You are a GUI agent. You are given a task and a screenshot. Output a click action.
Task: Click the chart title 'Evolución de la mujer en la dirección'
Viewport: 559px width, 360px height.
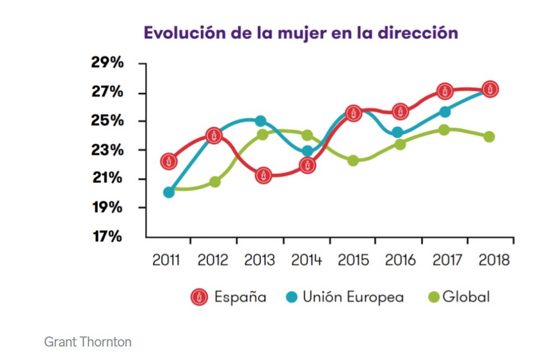click(x=301, y=33)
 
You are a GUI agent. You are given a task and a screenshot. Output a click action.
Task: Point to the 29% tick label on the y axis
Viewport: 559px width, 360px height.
click(x=107, y=62)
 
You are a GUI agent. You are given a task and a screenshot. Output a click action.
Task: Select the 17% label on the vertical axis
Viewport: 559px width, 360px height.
click(x=107, y=236)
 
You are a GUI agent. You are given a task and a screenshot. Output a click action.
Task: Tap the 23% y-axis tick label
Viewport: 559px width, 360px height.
click(x=107, y=150)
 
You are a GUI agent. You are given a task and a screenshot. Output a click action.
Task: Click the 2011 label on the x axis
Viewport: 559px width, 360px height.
click(x=167, y=261)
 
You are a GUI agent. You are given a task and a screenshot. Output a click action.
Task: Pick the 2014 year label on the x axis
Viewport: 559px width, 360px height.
click(x=307, y=261)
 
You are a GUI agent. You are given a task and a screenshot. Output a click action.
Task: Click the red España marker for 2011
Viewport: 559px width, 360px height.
click(x=169, y=161)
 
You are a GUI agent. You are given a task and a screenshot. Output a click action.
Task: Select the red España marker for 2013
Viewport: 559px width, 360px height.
click(x=264, y=175)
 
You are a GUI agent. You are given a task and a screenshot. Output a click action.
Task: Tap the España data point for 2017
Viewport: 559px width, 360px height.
click(x=445, y=91)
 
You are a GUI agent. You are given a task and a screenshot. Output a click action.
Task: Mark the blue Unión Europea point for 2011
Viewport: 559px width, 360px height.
click(x=169, y=192)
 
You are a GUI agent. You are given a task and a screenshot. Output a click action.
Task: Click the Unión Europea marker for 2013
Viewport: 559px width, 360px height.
click(x=260, y=121)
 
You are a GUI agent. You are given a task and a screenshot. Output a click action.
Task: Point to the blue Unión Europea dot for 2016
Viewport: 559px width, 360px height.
click(x=398, y=133)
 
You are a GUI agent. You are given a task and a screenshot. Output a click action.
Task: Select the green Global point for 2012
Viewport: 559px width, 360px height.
click(x=215, y=182)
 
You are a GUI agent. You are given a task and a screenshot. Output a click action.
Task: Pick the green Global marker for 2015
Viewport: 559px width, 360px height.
click(x=353, y=160)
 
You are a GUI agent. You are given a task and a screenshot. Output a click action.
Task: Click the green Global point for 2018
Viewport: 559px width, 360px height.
click(x=489, y=137)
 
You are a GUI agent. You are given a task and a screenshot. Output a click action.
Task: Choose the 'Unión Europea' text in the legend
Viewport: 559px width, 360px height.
click(x=353, y=297)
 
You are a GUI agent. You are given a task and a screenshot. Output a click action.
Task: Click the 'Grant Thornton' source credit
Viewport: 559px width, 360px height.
click(x=87, y=341)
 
